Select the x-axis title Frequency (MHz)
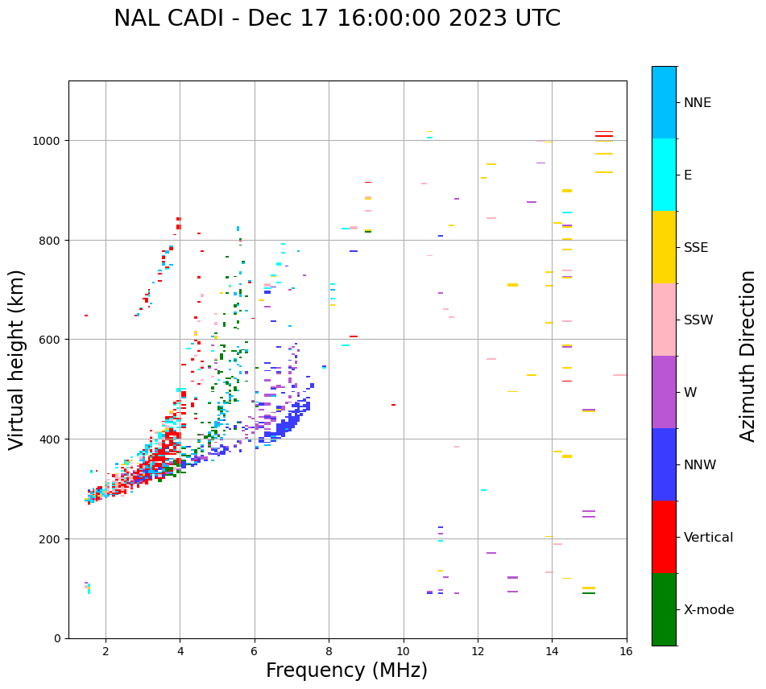(346, 670)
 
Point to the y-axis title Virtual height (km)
(18, 360)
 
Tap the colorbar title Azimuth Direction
(748, 356)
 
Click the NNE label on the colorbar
(698, 102)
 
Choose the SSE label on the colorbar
(696, 247)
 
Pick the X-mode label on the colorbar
(709, 609)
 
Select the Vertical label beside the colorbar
(708, 537)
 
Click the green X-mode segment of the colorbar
(664, 609)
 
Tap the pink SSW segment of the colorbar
(664, 320)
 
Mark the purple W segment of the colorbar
(664, 392)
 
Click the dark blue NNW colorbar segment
(664, 464)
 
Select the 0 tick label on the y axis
(58, 638)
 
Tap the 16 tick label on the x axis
(626, 651)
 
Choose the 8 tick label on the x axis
(329, 651)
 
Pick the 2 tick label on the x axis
(106, 651)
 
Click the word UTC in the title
(534, 19)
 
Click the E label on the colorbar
(688, 175)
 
